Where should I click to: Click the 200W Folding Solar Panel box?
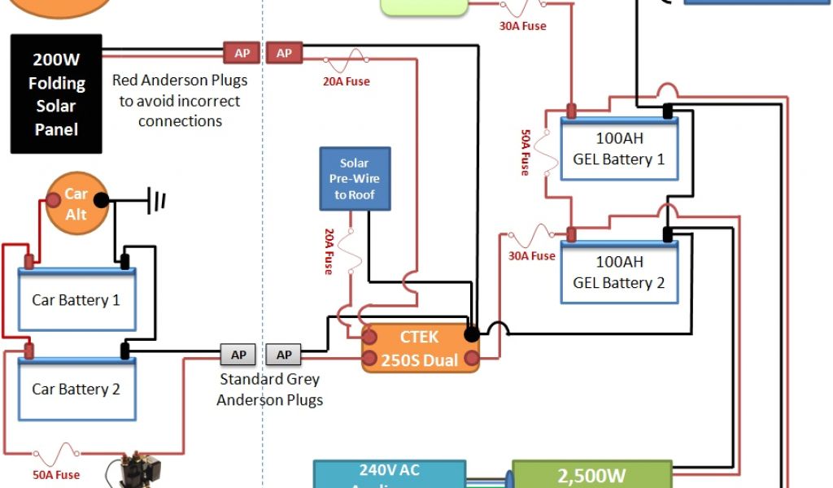point(56,94)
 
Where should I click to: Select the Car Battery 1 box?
point(76,300)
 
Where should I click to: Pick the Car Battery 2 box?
point(76,389)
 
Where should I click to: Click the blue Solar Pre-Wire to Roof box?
point(354,179)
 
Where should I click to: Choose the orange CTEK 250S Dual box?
point(420,349)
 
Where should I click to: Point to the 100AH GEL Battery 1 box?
point(619,150)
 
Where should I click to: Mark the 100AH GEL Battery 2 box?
point(619,273)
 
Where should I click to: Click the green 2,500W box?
point(591,474)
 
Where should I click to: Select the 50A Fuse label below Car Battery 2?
point(57,474)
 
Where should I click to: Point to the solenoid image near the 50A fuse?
point(134,471)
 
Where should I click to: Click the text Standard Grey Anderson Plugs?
point(269,390)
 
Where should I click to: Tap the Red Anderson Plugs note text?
point(180,101)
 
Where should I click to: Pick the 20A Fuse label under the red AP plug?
point(347,81)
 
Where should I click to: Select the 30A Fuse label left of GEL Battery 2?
point(532,255)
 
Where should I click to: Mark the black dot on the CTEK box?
point(471,334)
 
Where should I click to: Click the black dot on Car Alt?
point(100,200)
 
